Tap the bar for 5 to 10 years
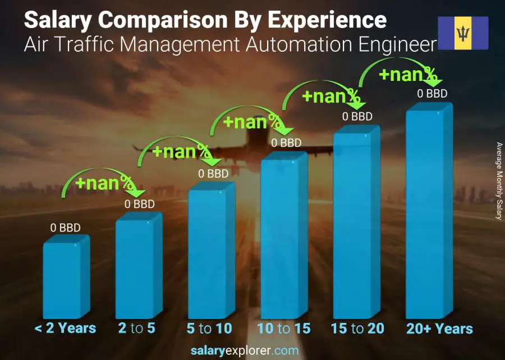pos(208,253)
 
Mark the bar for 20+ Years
pos(426,213)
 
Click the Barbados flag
pos(463,33)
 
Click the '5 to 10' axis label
pos(209,329)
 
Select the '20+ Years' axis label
pos(440,329)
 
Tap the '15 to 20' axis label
pos(357,329)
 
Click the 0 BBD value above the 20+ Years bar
pos(432,94)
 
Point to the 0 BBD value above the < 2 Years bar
pos(66,228)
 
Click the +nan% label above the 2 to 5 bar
pos(104,183)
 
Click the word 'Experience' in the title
pos(327,20)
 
